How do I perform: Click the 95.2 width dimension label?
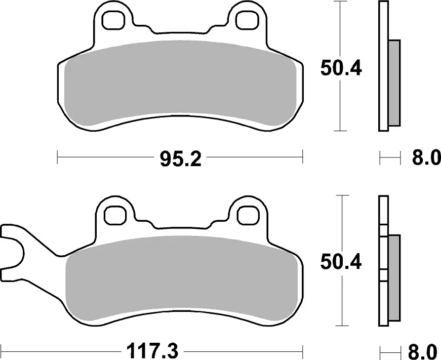tap(181, 159)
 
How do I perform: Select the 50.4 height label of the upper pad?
tap(341, 68)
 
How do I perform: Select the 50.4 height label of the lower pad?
tap(341, 263)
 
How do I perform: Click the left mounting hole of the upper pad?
tap(113, 20)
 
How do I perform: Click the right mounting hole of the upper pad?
tap(247, 20)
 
